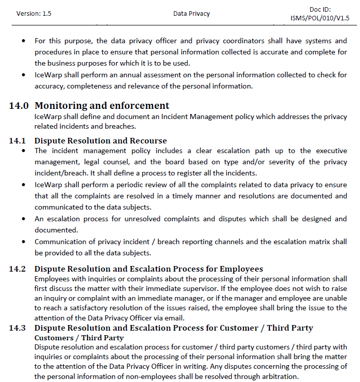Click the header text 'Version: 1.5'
point(34,14)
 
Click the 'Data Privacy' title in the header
point(191,14)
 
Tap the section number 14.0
point(19,106)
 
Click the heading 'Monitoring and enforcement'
point(102,106)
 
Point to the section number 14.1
point(18,141)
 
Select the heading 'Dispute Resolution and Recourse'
point(100,141)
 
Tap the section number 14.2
point(18,269)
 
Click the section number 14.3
point(18,328)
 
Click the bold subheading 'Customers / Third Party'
point(79,338)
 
